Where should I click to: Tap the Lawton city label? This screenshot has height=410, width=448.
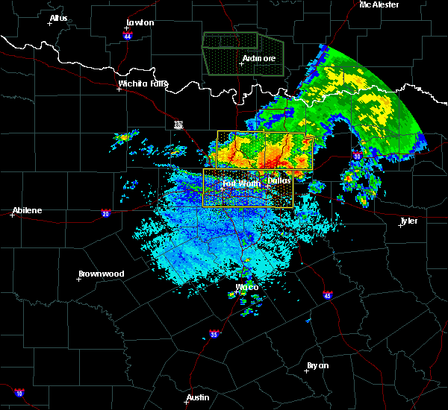[x=140, y=22]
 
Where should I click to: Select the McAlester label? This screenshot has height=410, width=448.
[x=379, y=4]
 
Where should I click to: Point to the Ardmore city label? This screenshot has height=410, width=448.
[x=258, y=58]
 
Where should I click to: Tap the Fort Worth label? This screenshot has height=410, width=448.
[x=240, y=183]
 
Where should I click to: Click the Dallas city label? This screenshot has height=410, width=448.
[x=279, y=180]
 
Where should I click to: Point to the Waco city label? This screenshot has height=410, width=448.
[x=246, y=287]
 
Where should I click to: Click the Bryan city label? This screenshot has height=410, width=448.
[x=318, y=365]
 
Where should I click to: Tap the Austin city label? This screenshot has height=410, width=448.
[x=197, y=397]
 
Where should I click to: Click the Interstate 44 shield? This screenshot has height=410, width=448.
[x=128, y=36]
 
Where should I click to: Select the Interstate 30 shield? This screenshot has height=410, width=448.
[x=357, y=156]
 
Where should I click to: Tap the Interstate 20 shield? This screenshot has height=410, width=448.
[x=105, y=213]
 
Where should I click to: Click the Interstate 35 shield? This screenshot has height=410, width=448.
[x=214, y=333]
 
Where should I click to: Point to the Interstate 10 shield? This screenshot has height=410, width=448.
[x=19, y=393]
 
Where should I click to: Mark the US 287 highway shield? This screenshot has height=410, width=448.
[x=178, y=124]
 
